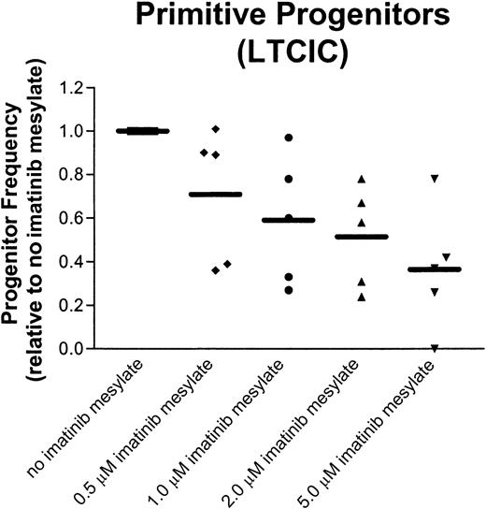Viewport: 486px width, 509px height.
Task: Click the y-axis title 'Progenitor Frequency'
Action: click(x=16, y=216)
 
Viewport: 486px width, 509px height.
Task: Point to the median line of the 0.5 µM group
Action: click(x=215, y=195)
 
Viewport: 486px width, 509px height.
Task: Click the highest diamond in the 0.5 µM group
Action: click(x=216, y=128)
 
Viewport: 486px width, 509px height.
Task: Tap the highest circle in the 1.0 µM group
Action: click(x=289, y=138)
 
